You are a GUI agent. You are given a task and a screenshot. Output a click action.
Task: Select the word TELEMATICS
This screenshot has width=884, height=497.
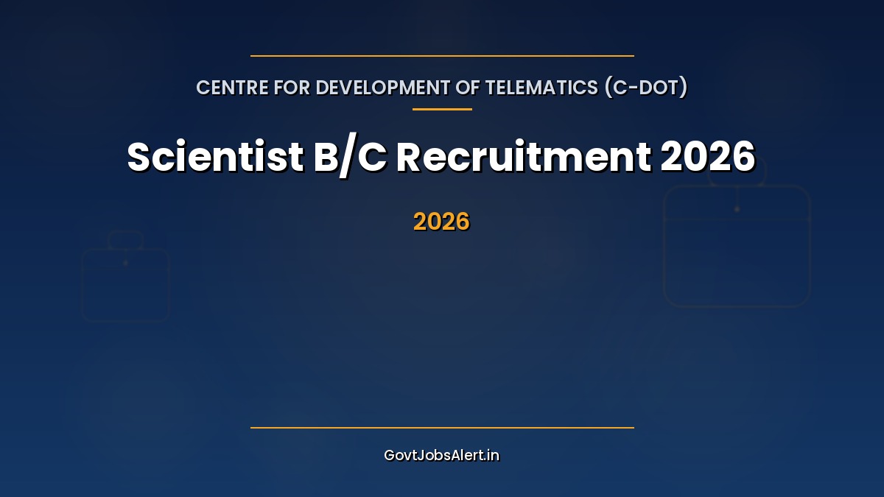pyautogui.click(x=541, y=88)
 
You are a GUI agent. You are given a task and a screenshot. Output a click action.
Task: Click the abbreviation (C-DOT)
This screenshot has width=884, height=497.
pyautogui.click(x=646, y=88)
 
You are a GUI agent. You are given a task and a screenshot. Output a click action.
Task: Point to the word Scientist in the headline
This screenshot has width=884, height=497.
pyautogui.click(x=215, y=157)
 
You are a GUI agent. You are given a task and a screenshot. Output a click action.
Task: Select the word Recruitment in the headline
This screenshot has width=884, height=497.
pyautogui.click(x=523, y=157)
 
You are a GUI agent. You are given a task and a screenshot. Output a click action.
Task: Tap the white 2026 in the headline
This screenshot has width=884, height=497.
pyautogui.click(x=708, y=157)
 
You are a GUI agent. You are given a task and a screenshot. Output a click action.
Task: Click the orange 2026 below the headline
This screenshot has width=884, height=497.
pyautogui.click(x=441, y=222)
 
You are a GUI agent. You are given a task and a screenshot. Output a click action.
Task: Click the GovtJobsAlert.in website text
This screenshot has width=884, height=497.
pyautogui.click(x=441, y=455)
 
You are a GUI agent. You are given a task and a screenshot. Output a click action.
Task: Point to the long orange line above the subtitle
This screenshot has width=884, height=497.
pyautogui.click(x=442, y=56)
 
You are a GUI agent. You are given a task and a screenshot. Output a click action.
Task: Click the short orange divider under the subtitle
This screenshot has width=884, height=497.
pyautogui.click(x=442, y=110)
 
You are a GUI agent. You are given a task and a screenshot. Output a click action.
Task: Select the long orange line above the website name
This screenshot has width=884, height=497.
pyautogui.click(x=442, y=428)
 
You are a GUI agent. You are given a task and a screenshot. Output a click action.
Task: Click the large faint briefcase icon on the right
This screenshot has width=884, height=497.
pyautogui.click(x=737, y=247)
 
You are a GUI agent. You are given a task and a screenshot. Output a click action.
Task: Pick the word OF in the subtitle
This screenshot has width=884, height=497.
pyautogui.click(x=469, y=88)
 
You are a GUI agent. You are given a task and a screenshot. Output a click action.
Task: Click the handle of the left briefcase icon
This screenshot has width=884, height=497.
pyautogui.click(x=125, y=239)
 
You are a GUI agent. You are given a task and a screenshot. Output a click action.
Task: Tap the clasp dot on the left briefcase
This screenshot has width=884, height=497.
pyautogui.click(x=126, y=263)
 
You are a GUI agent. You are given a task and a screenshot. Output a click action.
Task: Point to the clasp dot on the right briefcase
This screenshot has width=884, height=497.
pyautogui.click(x=737, y=209)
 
